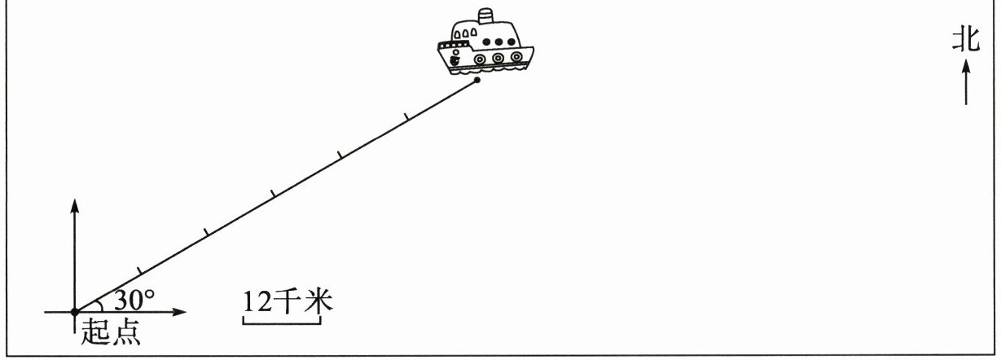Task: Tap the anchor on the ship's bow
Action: (454, 59)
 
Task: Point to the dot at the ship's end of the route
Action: (476, 80)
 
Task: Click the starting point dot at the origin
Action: (75, 311)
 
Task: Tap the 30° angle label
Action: (134, 301)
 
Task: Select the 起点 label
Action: (109, 334)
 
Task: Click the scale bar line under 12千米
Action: (282, 324)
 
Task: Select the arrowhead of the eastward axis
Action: (181, 311)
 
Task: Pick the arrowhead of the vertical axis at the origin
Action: (75, 204)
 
